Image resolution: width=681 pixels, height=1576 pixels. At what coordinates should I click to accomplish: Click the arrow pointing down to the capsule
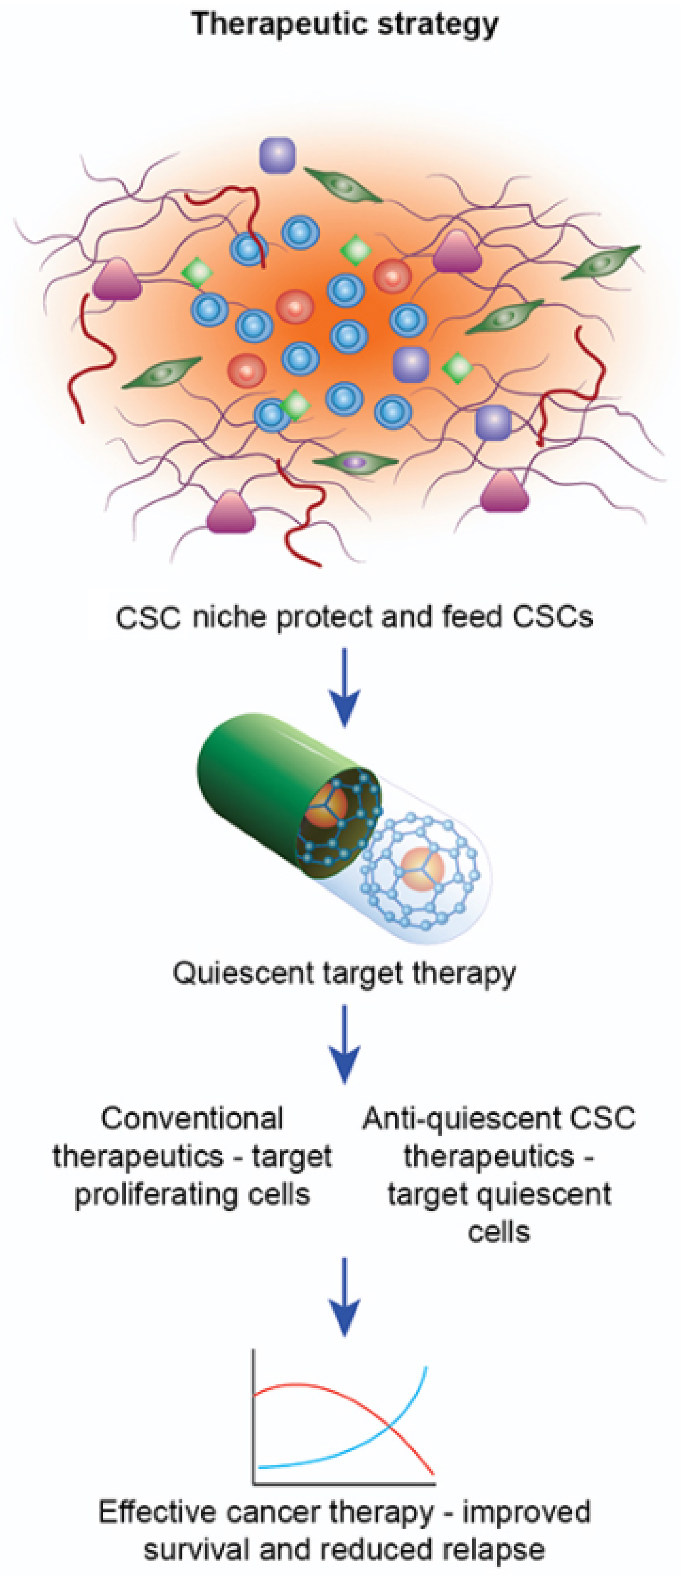(344, 688)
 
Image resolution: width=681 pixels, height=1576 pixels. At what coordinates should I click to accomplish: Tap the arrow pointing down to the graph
(344, 1297)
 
